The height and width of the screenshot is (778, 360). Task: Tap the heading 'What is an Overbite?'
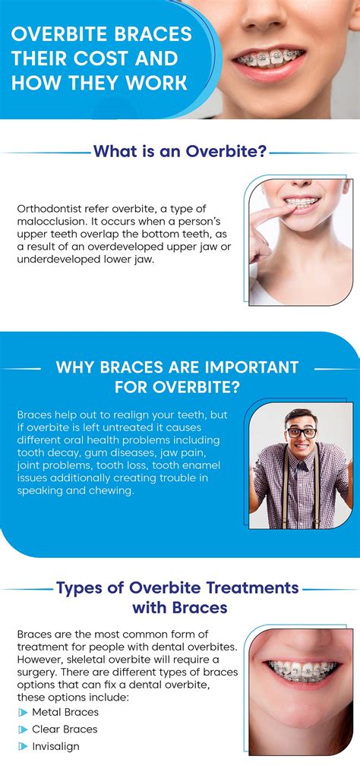point(179,151)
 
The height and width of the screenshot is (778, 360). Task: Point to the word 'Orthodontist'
point(50,208)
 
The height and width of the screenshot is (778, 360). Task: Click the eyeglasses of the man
point(301,432)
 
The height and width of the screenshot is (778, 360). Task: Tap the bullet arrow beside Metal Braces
point(23,713)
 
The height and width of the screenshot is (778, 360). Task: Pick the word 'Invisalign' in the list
point(55,746)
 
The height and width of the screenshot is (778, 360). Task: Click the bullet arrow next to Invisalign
point(23,746)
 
